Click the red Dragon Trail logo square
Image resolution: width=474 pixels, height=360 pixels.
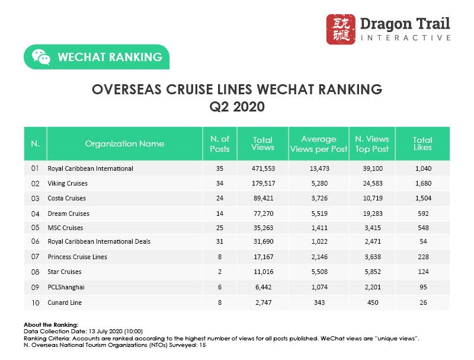341,29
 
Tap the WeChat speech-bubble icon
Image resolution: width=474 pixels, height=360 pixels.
41,57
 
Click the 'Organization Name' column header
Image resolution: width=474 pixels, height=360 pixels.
124,144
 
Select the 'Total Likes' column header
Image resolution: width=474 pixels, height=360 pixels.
422,144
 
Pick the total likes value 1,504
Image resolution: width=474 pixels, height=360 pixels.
422,198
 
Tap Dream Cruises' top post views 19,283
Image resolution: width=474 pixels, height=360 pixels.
371,213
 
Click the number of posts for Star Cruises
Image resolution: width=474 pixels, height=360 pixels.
220,272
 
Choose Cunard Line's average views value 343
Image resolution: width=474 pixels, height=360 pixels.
318,302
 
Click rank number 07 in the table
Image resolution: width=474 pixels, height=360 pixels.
34,257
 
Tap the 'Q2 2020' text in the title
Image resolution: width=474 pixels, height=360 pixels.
237,107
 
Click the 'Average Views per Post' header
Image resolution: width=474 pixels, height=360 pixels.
319,144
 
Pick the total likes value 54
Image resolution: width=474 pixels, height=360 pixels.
422,242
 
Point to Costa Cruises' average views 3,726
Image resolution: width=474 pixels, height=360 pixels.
318,198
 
